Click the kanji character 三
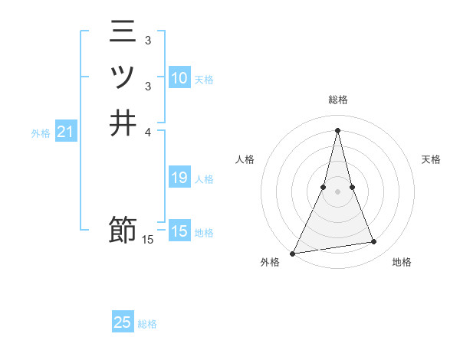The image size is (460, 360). point(123,34)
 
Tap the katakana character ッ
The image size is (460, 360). point(123,78)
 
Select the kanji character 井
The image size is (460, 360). point(123,123)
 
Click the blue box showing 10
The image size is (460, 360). point(179,78)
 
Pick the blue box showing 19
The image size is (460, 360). point(179,178)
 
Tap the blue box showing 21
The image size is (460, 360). point(66,133)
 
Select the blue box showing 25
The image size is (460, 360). point(123,322)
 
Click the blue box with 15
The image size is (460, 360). point(179,231)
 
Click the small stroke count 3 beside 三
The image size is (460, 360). point(148,40)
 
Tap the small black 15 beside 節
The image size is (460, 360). point(148,240)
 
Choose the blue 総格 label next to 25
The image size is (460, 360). point(147,324)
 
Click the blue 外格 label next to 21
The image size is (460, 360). point(41,133)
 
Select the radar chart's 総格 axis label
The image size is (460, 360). point(338,100)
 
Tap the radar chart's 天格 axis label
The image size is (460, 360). point(432,159)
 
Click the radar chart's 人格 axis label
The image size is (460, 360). point(245,159)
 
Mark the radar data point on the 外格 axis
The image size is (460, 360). point(293,253)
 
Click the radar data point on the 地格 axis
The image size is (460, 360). point(374,242)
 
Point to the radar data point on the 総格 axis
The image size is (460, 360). point(338,130)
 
